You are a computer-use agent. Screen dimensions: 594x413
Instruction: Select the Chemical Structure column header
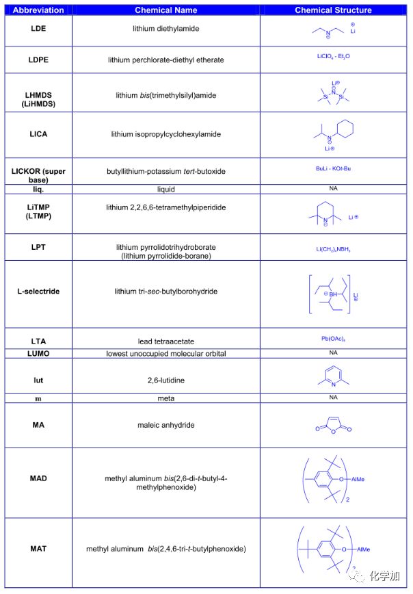[x=333, y=10]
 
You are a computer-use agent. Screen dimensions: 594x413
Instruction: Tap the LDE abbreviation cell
[x=38, y=29]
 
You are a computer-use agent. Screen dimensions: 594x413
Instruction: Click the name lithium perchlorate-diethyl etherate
[x=165, y=60]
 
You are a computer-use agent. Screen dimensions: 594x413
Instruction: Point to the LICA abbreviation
[x=38, y=135]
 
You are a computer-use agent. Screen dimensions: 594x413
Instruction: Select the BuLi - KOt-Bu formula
[x=333, y=168]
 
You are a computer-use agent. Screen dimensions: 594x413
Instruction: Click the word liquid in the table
[x=165, y=188]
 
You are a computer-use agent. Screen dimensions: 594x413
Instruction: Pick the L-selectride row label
[x=38, y=291]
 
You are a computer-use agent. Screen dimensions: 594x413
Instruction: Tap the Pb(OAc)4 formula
[x=333, y=338]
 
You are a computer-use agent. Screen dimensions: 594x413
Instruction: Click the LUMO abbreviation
[x=38, y=353]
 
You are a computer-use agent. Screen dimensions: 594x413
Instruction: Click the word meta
[x=165, y=398]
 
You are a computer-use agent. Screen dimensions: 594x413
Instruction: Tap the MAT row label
[x=38, y=549]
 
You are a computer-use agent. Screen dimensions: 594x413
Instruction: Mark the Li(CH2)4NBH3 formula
[x=333, y=249]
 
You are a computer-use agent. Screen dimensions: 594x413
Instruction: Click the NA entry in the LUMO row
[x=333, y=352]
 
